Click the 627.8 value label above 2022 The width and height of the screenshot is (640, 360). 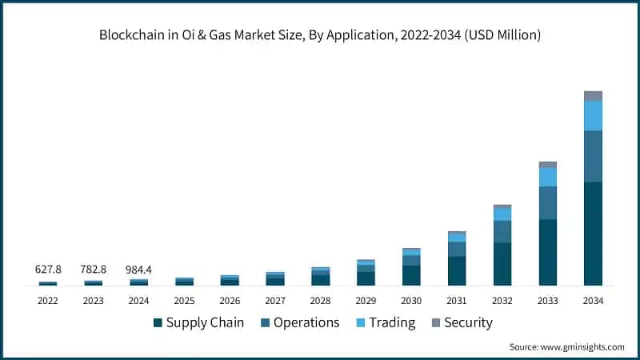[x=48, y=269]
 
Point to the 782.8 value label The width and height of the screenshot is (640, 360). [x=94, y=269]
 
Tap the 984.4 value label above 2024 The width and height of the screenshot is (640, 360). [x=138, y=269]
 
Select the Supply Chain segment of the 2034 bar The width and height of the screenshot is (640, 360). [x=593, y=234]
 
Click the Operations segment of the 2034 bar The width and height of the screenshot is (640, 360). [x=593, y=156]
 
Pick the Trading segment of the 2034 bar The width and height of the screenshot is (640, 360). [x=593, y=115]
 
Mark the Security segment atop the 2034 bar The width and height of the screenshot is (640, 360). [x=593, y=96]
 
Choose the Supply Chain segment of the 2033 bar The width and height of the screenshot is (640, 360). [x=548, y=252]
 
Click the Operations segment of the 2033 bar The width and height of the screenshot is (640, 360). [x=548, y=202]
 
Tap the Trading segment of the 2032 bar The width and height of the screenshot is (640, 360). [x=502, y=214]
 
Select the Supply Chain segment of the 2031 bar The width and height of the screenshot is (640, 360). [x=457, y=270]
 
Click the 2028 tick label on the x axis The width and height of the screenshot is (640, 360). [x=321, y=301]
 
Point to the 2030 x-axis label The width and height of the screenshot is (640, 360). [x=411, y=301]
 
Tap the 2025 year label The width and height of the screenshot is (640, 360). [x=184, y=301]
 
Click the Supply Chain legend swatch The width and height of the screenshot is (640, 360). [x=158, y=323]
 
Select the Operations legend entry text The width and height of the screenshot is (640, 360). [x=306, y=323]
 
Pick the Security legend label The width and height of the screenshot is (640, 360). [x=468, y=323]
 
